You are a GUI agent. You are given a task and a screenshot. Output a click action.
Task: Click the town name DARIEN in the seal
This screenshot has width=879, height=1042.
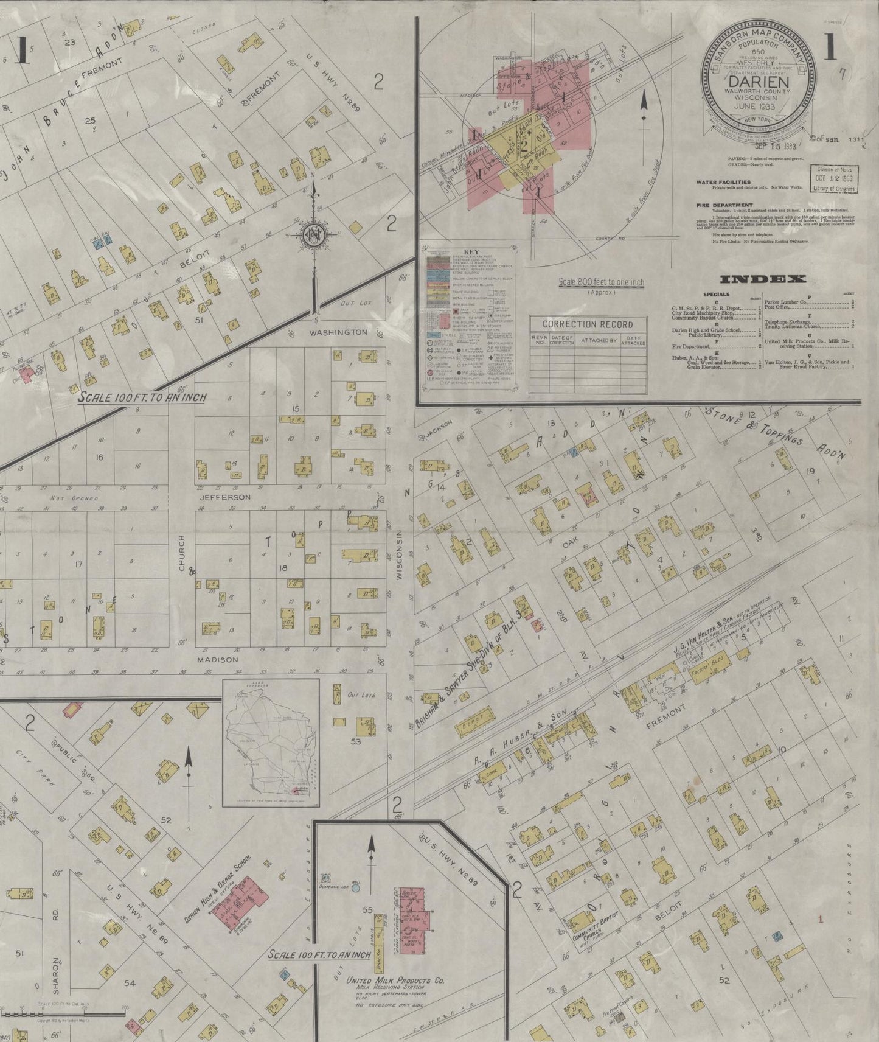click(759, 82)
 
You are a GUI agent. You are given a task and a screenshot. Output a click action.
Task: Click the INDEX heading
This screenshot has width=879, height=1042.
click(763, 279)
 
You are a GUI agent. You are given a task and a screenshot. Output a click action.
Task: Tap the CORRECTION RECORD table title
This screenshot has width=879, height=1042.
click(587, 324)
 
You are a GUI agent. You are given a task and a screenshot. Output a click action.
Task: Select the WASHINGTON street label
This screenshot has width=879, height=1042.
click(338, 332)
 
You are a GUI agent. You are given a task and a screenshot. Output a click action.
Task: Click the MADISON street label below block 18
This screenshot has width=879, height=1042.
click(217, 659)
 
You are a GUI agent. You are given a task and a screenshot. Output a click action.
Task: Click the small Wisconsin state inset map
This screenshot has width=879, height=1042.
click(271, 743)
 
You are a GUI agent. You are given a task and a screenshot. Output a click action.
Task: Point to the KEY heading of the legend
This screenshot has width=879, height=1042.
click(471, 251)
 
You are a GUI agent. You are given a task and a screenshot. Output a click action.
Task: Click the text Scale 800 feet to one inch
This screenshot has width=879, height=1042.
click(601, 282)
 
